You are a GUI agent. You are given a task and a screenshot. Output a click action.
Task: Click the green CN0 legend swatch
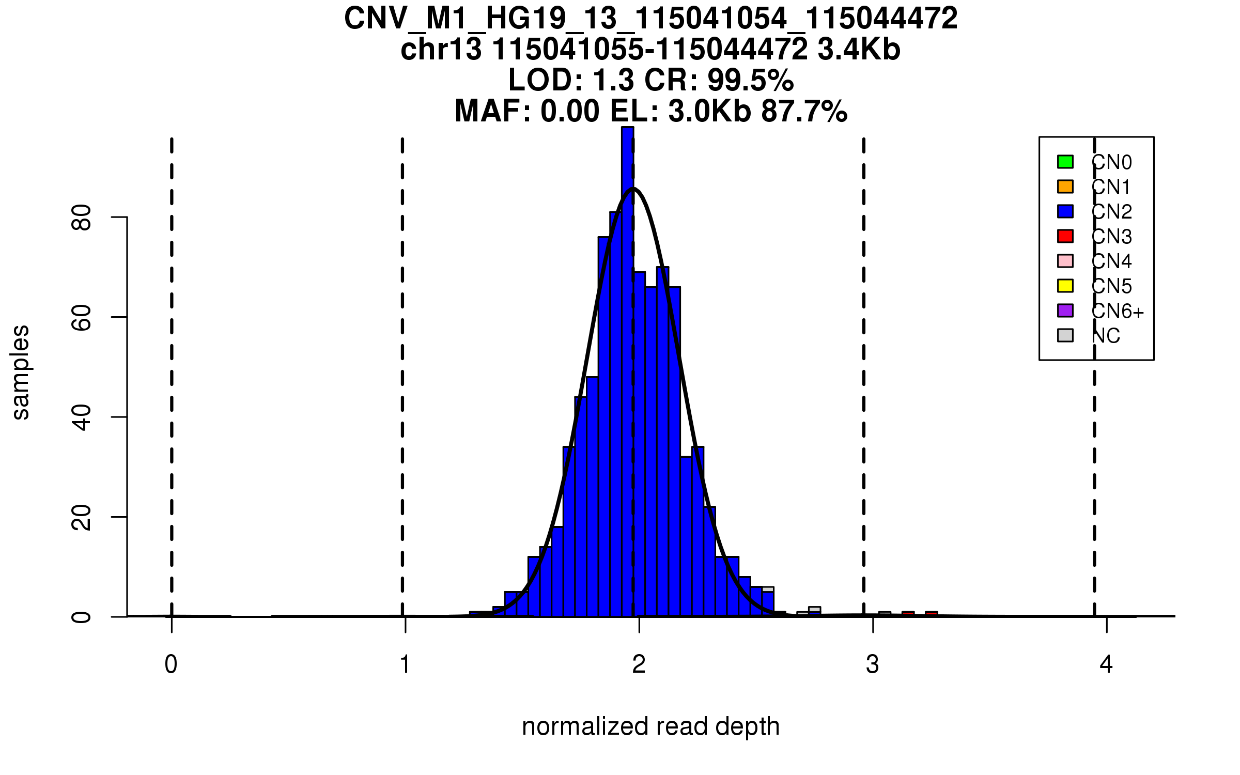coord(1065,162)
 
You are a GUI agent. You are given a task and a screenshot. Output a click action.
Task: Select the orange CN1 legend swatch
coord(1065,187)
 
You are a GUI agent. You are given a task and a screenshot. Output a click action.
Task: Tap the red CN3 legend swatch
coord(1065,236)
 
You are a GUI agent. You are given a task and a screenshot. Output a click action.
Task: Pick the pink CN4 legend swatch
coord(1065,261)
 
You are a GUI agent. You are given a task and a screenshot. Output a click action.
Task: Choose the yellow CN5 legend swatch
coord(1065,286)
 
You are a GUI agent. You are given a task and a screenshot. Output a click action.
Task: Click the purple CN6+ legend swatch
coord(1065,311)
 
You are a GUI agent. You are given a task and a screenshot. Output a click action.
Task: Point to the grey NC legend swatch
coord(1065,335)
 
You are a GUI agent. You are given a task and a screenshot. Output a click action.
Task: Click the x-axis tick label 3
coord(873,664)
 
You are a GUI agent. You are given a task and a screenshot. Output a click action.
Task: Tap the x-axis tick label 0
coord(171,664)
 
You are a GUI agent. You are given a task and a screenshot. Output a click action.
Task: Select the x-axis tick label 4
coord(1106,664)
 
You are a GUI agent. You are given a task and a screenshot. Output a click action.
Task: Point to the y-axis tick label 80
coord(82,218)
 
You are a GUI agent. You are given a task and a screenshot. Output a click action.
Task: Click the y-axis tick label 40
coord(82,417)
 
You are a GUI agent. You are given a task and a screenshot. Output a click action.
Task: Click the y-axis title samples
coord(21,373)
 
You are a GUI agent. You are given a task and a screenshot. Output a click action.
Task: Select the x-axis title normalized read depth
coord(650,726)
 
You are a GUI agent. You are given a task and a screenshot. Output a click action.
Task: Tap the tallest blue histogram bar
coord(627,362)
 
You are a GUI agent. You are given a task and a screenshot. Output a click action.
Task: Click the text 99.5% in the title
coord(750,80)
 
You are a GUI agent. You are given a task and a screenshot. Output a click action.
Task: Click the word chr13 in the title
coord(441,50)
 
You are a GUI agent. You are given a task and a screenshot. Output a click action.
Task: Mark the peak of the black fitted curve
coord(634,189)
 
